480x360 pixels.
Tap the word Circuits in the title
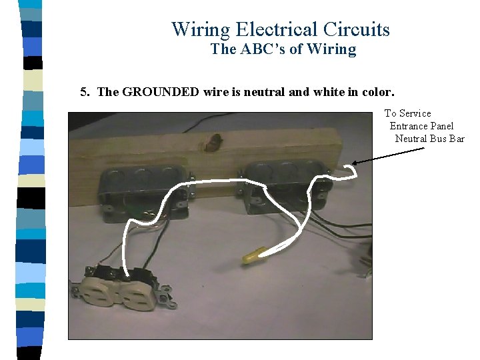point(356,29)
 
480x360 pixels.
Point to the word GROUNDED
point(160,92)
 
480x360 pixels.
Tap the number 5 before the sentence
point(83,92)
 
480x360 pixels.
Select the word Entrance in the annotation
point(409,126)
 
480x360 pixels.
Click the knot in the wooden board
point(215,141)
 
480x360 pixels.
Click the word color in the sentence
point(381,92)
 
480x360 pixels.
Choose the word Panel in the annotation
point(441,126)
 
